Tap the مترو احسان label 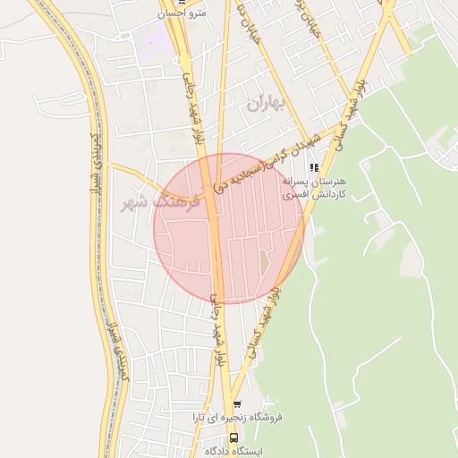click(181, 13)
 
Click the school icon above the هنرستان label click(312, 166)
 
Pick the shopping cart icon click(236, 403)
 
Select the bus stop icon click(233, 437)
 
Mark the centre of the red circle click(229, 228)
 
